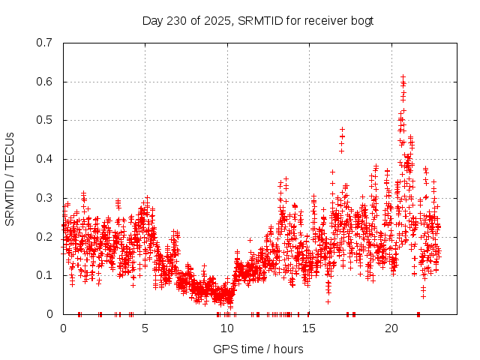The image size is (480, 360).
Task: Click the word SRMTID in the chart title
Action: (x=259, y=20)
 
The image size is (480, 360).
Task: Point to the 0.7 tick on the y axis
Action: (x=44, y=43)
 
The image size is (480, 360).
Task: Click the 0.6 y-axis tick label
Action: (x=44, y=82)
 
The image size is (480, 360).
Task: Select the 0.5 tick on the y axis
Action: (x=44, y=120)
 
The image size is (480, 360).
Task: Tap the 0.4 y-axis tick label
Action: (x=44, y=159)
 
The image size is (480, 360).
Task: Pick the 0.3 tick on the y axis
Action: (x=44, y=198)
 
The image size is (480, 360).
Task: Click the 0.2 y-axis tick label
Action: (x=44, y=237)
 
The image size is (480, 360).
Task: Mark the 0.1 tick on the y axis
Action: (x=44, y=275)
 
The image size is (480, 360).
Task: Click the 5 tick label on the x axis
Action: (x=145, y=328)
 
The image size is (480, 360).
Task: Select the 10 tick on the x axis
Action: (x=227, y=328)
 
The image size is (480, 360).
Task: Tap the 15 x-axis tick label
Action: (x=310, y=328)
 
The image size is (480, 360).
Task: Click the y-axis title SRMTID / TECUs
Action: (x=10, y=178)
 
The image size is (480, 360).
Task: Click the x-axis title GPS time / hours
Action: (x=258, y=349)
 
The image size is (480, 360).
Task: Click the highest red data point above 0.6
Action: (x=403, y=76)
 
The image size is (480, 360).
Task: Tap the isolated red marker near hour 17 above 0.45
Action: (x=342, y=129)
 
